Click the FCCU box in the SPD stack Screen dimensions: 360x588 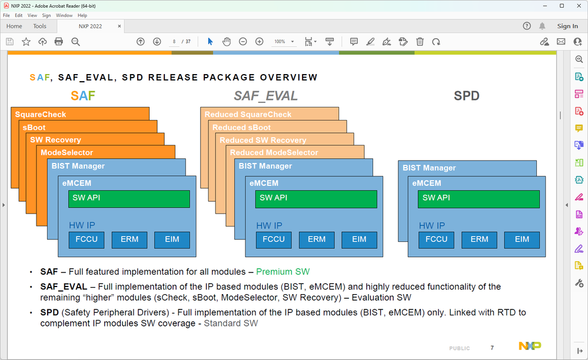[436, 239]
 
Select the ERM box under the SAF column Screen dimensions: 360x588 [129, 239]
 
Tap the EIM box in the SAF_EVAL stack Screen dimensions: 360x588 [359, 239]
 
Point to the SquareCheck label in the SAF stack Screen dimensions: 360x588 [41, 114]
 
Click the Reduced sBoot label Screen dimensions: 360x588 [241, 127]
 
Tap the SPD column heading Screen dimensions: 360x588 [466, 96]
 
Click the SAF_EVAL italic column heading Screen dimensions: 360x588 [265, 96]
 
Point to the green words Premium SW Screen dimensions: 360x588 [283, 272]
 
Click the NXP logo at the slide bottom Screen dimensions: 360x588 [529, 346]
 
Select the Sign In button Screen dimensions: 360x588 [567, 26]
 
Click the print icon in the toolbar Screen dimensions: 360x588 [59, 42]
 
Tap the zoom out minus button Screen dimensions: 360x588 [242, 42]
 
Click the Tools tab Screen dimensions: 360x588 [39, 26]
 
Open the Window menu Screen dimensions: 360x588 [64, 15]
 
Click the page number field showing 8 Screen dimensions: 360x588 [174, 42]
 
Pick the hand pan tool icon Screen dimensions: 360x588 [227, 42]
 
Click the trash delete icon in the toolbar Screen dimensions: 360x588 [420, 42]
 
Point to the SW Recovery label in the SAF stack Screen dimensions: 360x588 [55, 140]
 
